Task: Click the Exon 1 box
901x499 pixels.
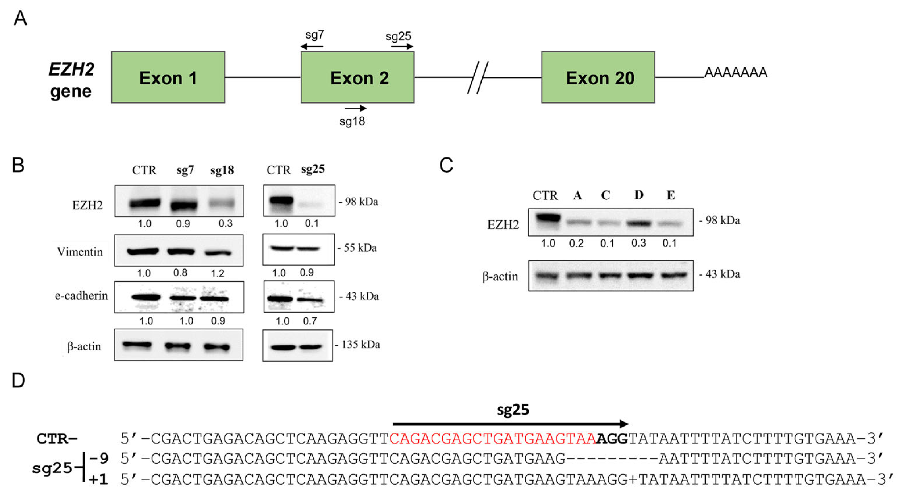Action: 168,77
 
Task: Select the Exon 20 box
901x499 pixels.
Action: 598,77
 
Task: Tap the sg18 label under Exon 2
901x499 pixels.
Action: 352,121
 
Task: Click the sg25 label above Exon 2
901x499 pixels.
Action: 398,36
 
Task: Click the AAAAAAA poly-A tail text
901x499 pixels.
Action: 736,72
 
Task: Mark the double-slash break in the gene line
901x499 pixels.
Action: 478,78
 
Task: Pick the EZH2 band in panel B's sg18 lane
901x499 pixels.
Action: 222,203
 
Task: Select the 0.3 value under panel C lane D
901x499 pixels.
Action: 638,243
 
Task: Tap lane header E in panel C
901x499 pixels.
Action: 671,195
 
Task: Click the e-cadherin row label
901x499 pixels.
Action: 81,296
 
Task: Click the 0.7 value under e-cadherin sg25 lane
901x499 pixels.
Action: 310,321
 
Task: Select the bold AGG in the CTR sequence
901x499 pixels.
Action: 612,439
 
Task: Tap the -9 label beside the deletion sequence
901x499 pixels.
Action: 99,458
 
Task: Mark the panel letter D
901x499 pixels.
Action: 18,380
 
